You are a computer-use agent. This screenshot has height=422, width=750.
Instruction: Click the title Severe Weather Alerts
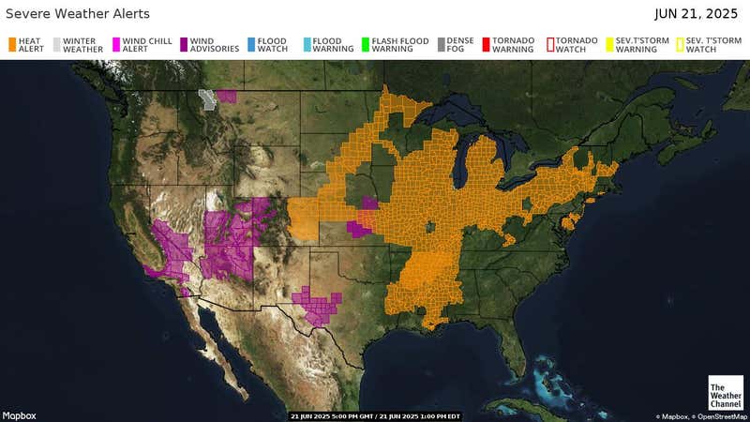point(77,14)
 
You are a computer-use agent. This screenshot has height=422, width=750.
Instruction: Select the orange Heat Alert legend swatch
point(13,44)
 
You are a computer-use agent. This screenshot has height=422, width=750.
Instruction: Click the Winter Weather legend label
point(83,45)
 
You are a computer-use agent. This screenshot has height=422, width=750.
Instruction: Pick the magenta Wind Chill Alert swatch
point(116,44)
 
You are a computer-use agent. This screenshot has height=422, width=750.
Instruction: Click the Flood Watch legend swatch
point(251,44)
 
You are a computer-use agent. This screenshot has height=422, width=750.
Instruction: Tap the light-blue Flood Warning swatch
point(306,44)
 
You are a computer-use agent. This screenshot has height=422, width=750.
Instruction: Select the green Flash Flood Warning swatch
point(366,44)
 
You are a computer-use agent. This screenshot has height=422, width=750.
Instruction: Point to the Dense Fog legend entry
point(460,45)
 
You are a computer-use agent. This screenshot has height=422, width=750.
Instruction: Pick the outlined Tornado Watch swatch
point(549,44)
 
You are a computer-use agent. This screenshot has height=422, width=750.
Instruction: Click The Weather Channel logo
point(725,392)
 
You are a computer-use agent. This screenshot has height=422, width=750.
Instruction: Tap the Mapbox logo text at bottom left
point(19,415)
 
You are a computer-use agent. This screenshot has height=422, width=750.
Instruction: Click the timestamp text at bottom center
point(375,415)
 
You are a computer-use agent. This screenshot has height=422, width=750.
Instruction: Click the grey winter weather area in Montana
point(207,98)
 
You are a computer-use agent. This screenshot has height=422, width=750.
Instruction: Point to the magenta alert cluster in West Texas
point(317,305)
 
